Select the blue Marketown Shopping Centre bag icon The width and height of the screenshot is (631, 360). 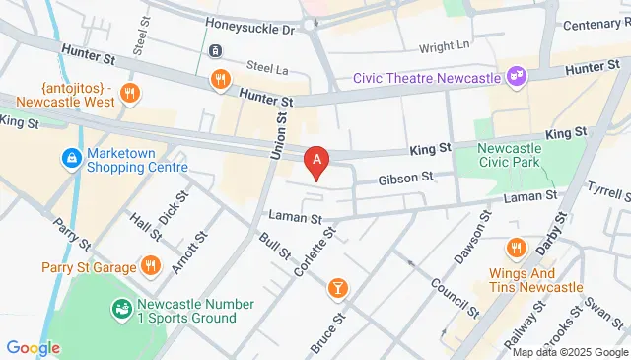click(x=71, y=158)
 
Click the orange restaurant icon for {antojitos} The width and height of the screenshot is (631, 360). click(x=128, y=94)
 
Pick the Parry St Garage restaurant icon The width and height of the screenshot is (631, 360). click(x=150, y=265)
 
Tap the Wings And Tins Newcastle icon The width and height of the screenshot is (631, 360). click(x=514, y=248)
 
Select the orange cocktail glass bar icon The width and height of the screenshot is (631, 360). click(x=338, y=287)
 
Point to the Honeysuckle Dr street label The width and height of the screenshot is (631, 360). click(x=249, y=31)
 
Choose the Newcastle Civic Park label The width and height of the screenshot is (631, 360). click(x=516, y=156)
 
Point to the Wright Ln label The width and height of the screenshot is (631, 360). click(x=444, y=45)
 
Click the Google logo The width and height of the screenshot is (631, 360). click(x=33, y=348)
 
